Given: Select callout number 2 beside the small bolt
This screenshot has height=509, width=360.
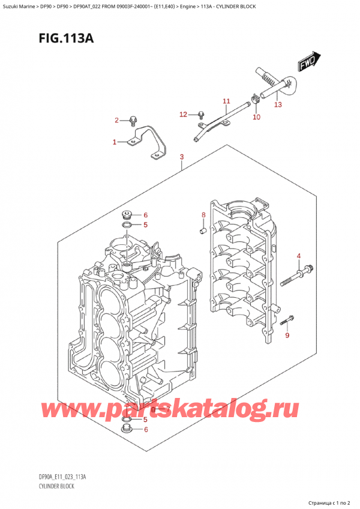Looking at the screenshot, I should (118, 121).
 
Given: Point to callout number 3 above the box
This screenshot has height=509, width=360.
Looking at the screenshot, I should (181, 158).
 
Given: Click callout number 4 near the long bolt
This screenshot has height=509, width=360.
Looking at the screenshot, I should (298, 258).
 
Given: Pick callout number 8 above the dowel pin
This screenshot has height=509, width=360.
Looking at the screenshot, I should (203, 215).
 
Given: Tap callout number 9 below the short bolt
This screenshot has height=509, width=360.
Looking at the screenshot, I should (287, 334).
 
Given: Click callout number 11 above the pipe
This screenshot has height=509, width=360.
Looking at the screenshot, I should (226, 101).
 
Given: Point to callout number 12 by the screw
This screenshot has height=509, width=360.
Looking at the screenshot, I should (184, 114).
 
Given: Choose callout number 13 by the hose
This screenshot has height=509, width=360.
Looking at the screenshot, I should (277, 104).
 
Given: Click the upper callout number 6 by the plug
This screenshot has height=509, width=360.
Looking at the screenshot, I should (145, 215).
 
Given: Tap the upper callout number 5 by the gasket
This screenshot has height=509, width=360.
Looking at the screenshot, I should (145, 225).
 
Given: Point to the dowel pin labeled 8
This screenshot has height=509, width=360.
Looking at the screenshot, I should (203, 229).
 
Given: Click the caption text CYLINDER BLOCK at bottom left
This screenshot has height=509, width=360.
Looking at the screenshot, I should (54, 486).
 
